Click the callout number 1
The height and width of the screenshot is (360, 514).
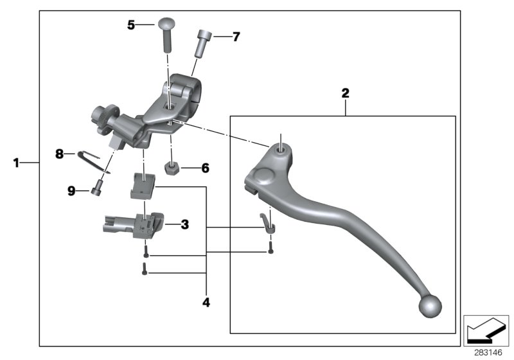(16, 163)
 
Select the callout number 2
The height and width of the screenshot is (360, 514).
(345, 94)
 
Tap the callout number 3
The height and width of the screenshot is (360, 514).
(184, 224)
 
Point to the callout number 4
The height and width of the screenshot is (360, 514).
(206, 301)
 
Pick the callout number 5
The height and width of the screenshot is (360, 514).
(131, 25)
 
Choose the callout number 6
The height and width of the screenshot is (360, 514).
(205, 168)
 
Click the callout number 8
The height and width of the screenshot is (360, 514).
(59, 154)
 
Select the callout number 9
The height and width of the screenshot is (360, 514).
(72, 190)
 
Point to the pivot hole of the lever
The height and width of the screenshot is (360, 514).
(281, 150)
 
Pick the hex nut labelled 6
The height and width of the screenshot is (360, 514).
(172, 169)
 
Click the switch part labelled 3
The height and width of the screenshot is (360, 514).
(134, 226)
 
